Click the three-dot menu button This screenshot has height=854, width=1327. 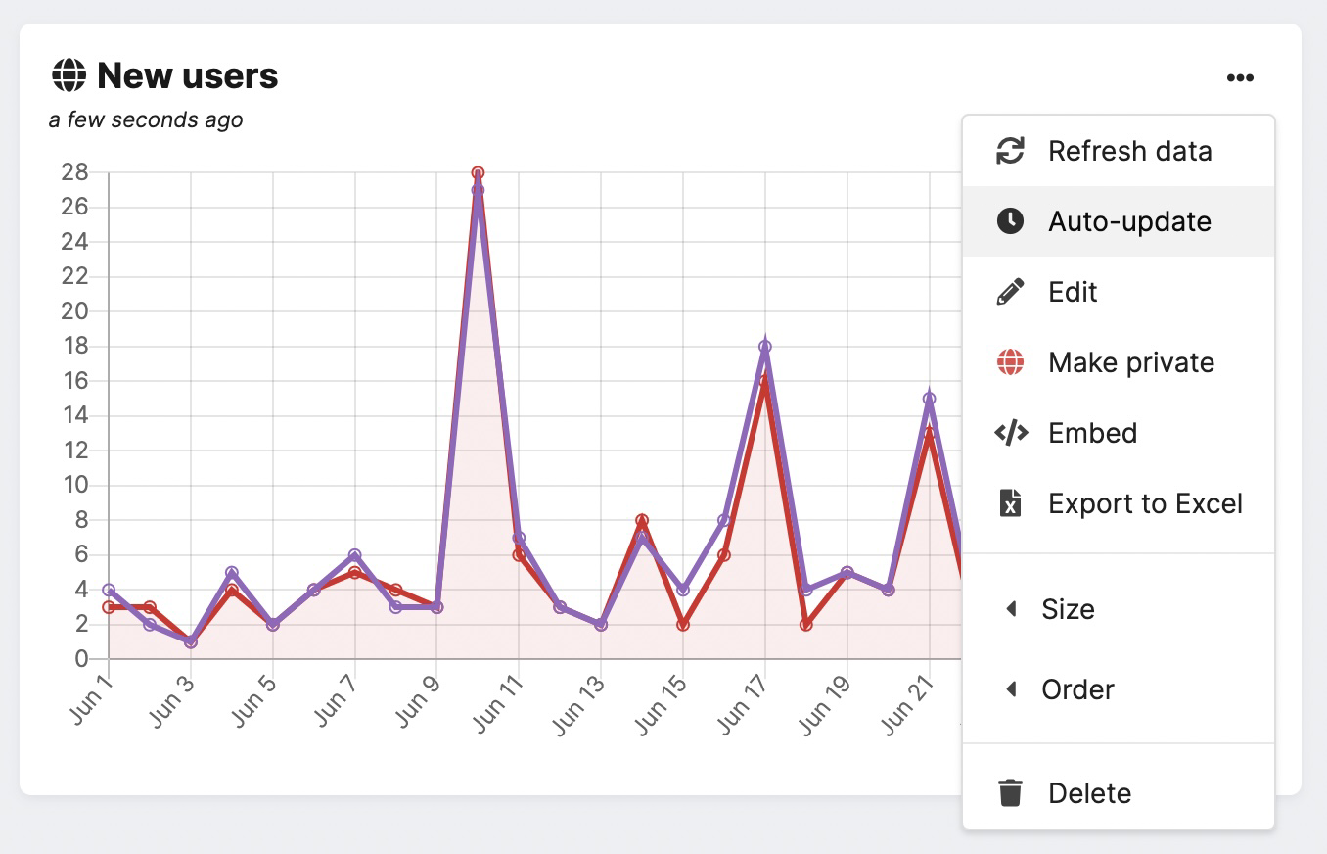1240,78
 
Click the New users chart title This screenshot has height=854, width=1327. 188,75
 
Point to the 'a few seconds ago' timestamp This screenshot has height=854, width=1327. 146,119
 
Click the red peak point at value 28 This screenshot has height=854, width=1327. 478,173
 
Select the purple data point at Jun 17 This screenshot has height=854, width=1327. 765,347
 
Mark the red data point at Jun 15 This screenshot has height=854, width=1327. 683,625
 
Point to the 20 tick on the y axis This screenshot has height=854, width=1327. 75,311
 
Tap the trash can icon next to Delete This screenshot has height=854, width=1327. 1010,793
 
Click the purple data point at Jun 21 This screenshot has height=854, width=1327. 929,399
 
